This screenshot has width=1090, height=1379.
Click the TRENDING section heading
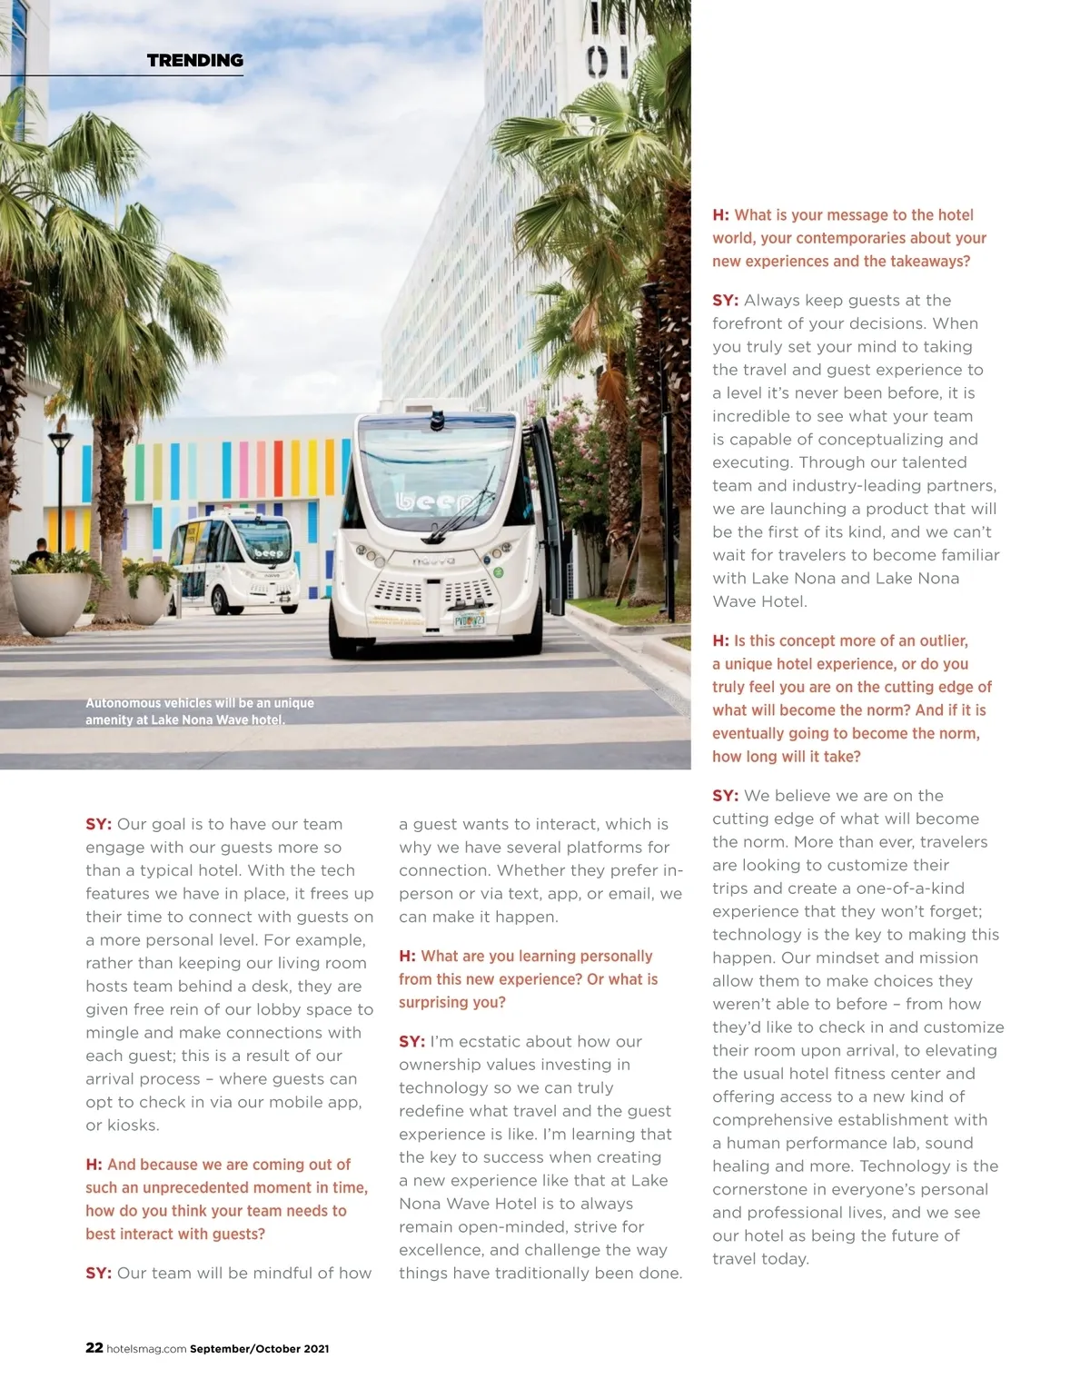[x=195, y=61]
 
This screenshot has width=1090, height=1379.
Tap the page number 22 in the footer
[x=94, y=1347]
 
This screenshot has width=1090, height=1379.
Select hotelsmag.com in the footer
[x=146, y=1349]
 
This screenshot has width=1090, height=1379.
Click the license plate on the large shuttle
[x=469, y=621]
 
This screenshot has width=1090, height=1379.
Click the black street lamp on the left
[x=61, y=491]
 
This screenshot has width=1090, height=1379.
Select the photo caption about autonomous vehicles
[x=200, y=711]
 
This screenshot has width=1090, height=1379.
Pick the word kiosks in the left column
[x=133, y=1126]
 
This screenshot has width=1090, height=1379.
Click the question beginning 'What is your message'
[x=849, y=238]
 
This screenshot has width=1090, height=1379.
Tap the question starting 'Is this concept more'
[x=851, y=698]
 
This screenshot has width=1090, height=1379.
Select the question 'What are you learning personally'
[x=528, y=979]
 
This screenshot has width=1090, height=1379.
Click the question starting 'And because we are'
[x=226, y=1199]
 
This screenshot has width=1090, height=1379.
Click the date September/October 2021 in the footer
[x=260, y=1349]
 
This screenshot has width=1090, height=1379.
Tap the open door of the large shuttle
[x=548, y=513]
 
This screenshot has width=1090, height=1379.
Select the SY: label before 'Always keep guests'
[x=725, y=301]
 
